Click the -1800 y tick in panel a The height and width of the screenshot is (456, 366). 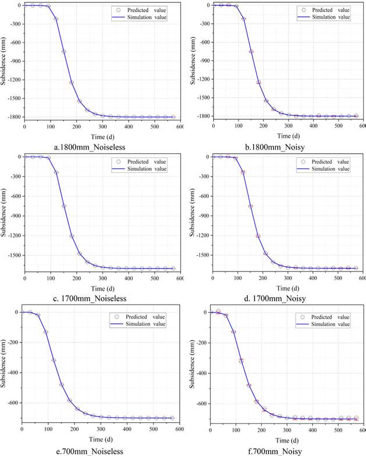point(12,117)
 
